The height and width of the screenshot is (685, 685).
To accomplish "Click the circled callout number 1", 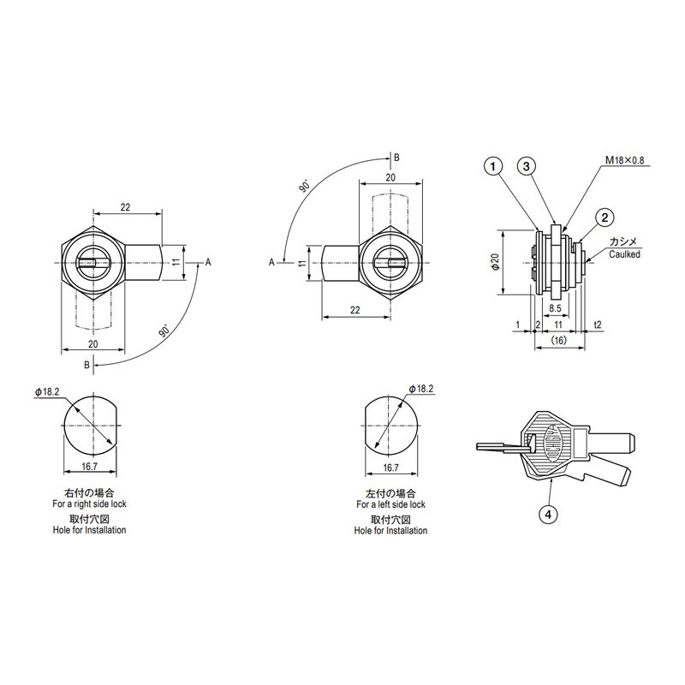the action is coord(493,166).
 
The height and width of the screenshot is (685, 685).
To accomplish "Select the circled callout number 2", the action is coord(605,217).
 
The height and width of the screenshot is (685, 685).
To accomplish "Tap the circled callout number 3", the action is coord(527,166).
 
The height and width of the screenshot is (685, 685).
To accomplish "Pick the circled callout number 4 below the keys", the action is coord(548,515).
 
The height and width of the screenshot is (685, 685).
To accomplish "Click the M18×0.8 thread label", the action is coord(624,160).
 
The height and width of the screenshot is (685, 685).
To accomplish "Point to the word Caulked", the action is coord(625,254).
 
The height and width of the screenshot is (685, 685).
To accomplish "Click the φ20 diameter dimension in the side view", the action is coord(496,262).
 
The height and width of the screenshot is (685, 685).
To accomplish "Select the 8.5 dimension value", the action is coord(555,308).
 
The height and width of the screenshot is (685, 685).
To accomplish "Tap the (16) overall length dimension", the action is coord(559,340).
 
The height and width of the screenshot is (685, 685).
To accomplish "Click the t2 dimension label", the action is coord(598,325).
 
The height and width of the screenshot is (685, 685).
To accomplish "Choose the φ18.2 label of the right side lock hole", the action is coord(47,392).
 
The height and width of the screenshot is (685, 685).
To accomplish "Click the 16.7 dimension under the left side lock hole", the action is coord(391,468).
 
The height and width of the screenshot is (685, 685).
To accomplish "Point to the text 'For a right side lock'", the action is coord(89,503).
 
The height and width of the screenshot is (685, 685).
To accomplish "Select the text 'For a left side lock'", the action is coord(390,504).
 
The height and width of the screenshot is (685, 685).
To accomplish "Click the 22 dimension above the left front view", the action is coord(125,207).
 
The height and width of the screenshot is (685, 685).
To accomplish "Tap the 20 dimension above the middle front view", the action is coord(390,177).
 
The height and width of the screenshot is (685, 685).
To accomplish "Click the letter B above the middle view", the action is coord(396,158).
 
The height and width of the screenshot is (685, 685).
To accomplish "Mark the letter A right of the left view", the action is coord(208,262).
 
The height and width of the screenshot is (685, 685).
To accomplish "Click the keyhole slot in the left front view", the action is coord(89,263).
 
